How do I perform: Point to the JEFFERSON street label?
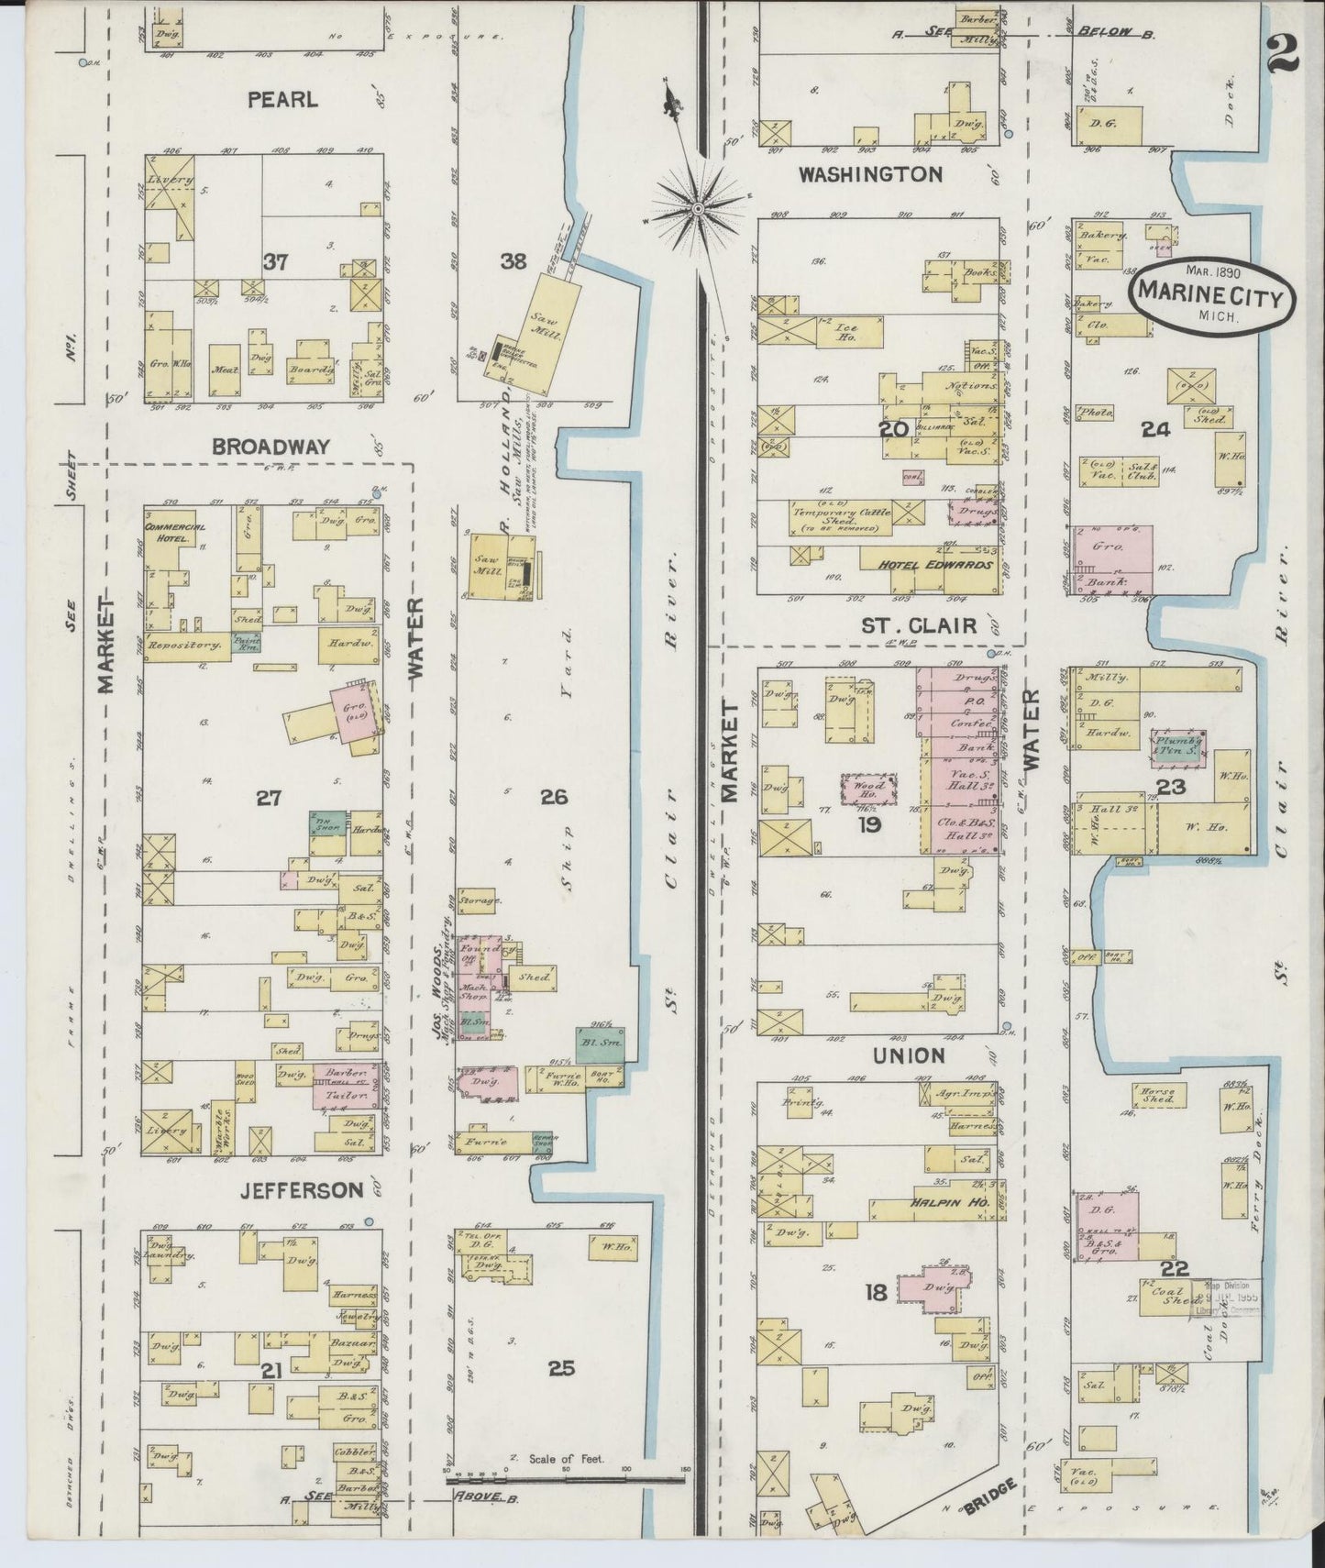pos(290,1190)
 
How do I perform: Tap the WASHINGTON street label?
pos(870,174)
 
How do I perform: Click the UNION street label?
pos(910,1055)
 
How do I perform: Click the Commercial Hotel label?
pos(174,532)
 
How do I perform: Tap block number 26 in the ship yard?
pos(554,798)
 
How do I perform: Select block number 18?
pos(876,1293)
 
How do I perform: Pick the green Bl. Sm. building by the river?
pos(601,1043)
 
